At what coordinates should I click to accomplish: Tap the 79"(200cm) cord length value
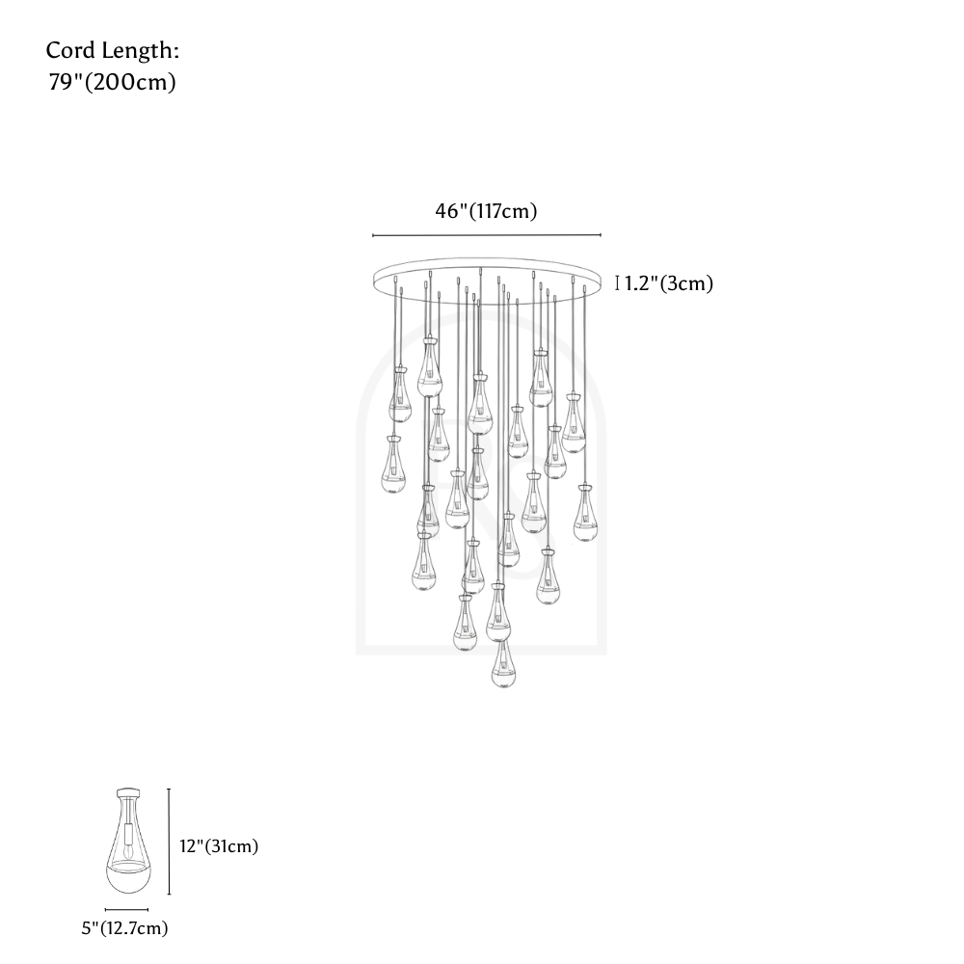113,82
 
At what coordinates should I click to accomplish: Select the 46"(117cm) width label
486,211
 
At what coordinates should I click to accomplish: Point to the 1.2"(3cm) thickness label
669,283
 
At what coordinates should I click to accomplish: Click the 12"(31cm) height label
219,846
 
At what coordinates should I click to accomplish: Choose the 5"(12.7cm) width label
124,927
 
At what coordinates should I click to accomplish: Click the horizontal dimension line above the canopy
486,235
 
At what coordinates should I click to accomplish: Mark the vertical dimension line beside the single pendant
169,842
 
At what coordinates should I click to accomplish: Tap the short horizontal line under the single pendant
126,909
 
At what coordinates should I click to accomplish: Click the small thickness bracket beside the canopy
617,282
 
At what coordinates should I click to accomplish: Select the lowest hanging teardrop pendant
503,663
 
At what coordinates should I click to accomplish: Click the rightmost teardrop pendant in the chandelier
585,513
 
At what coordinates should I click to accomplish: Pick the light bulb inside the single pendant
127,851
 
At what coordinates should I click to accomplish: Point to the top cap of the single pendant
127,793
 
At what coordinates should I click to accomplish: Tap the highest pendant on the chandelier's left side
429,366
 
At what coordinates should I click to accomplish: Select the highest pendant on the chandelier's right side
540,378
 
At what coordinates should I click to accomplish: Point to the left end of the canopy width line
372,235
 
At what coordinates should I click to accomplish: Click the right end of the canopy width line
601,235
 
